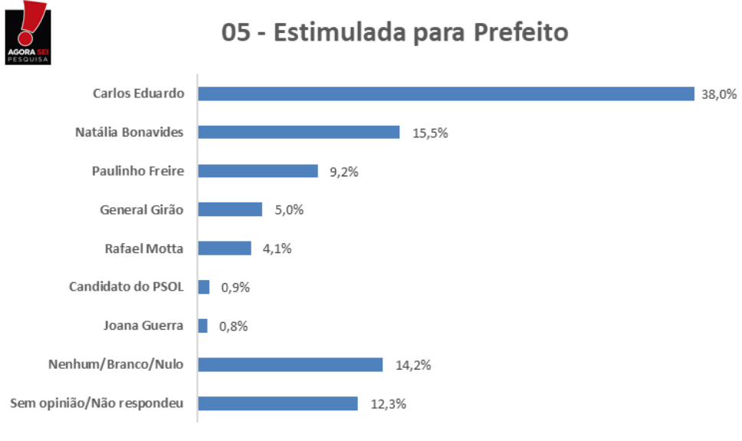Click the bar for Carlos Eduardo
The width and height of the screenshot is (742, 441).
click(x=446, y=94)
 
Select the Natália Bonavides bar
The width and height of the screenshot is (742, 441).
click(x=299, y=132)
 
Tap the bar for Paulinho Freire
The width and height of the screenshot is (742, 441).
click(x=258, y=171)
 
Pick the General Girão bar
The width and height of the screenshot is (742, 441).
click(x=230, y=209)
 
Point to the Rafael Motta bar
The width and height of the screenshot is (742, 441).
click(x=225, y=248)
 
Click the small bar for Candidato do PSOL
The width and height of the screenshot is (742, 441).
click(x=204, y=287)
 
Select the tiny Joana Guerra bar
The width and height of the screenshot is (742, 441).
click(x=203, y=326)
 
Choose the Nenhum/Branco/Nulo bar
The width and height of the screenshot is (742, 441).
click(x=291, y=365)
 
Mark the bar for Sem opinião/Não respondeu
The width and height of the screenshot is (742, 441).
click(x=277, y=403)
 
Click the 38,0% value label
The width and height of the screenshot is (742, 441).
click(x=719, y=94)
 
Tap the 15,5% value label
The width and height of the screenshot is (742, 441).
click(x=430, y=133)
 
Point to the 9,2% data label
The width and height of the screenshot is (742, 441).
click(x=344, y=172)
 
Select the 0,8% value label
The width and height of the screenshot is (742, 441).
click(x=233, y=327)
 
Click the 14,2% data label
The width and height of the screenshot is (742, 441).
click(x=413, y=365)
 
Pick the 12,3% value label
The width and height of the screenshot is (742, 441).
click(x=389, y=404)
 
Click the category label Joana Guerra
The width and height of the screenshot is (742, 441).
click(x=143, y=325)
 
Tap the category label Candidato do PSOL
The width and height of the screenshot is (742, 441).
click(x=126, y=287)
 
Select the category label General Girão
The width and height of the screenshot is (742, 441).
click(x=142, y=210)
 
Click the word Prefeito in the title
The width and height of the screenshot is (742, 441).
click(x=521, y=32)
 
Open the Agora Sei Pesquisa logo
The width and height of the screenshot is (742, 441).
click(x=28, y=33)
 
